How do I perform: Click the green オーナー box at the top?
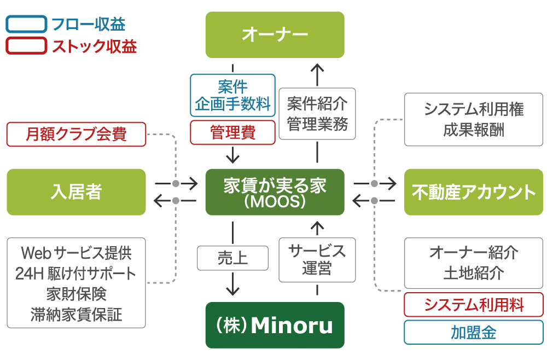[275, 34]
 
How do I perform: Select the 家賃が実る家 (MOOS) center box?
[275, 192]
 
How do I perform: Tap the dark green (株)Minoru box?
[275, 325]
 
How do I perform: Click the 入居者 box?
[76, 192]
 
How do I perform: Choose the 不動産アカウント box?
[473, 192]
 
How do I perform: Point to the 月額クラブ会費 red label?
[76, 134]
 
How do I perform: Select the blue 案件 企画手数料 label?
[232, 95]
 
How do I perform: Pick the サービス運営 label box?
[317, 259]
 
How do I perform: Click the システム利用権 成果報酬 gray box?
[473, 120]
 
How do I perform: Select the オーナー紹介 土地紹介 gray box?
[473, 263]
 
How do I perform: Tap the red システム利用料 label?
[473, 305]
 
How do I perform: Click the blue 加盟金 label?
[473, 332]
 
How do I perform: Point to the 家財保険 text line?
[76, 294]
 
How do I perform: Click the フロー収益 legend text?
[88, 25]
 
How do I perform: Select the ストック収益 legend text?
[94, 47]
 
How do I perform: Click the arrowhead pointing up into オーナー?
[317, 69]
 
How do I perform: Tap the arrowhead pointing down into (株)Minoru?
[233, 290]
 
